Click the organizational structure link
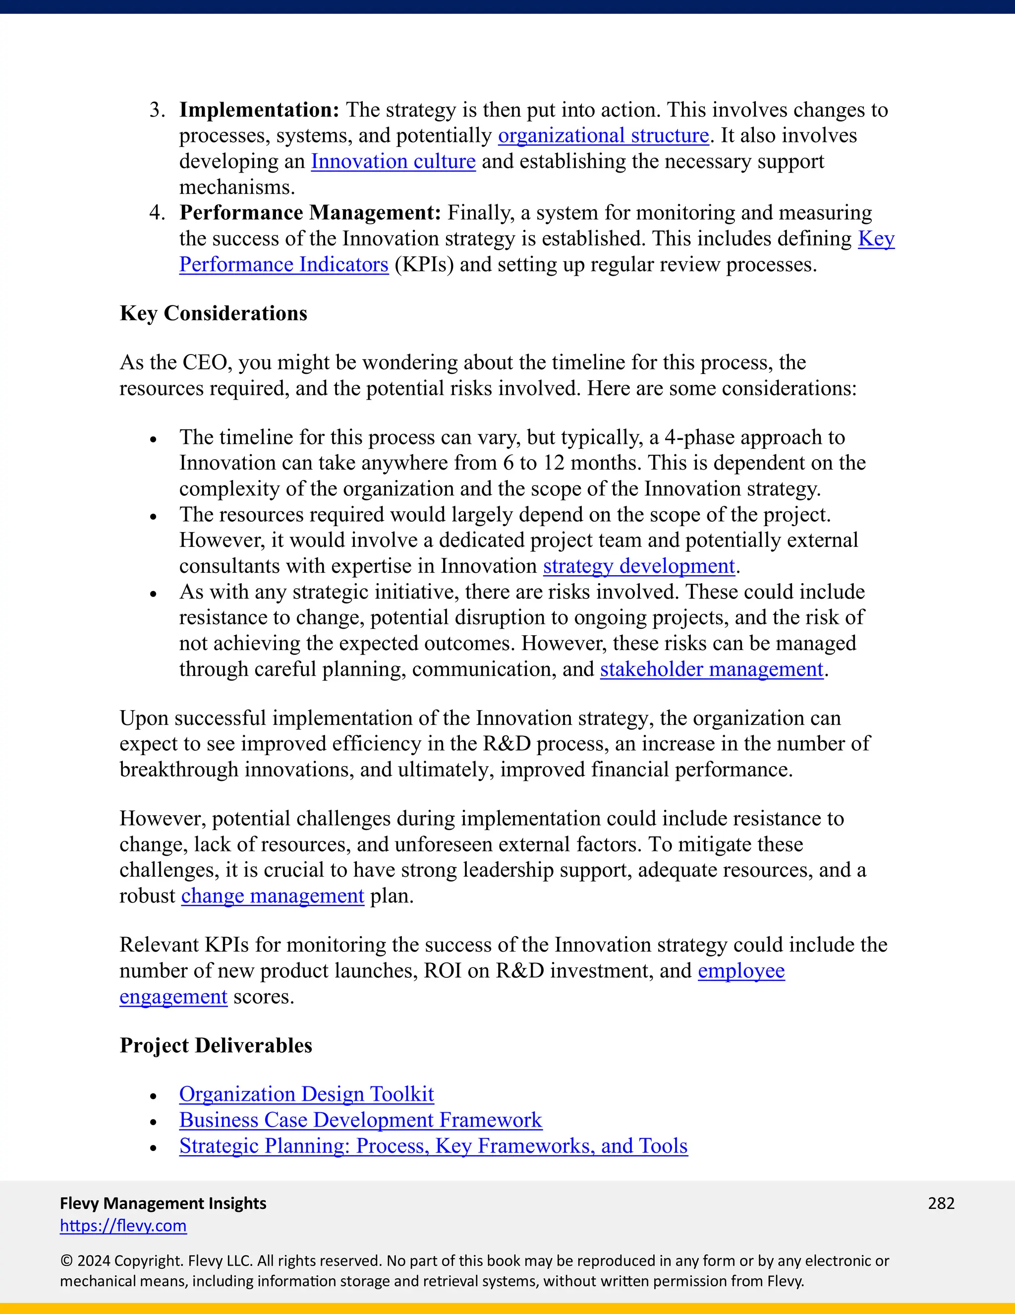pos(603,136)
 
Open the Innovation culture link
pos(393,162)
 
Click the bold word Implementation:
pos(259,110)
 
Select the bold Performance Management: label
pos(310,213)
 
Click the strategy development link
pos(638,566)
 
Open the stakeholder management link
pos(711,669)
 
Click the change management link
pos(273,896)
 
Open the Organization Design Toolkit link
pos(306,1094)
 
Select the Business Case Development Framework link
pos(360,1120)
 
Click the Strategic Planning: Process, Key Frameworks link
pos(433,1146)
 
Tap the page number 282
pos(941,1203)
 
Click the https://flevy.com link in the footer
pos(123,1226)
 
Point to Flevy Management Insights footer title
pos(163,1203)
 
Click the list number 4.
pos(156,213)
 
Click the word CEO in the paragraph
pos(205,363)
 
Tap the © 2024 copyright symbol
pos(65,1261)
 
